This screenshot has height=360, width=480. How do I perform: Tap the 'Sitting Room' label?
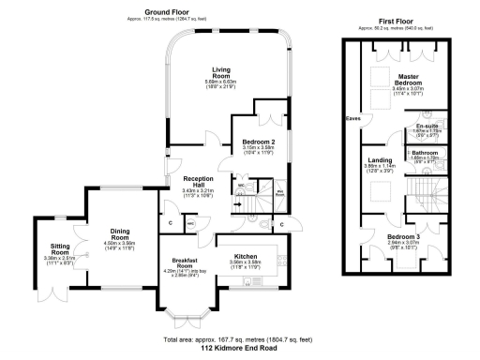64,251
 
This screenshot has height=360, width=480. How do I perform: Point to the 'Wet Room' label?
279,194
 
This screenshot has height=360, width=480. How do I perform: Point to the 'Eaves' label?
352,119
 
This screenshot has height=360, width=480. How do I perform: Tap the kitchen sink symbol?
247,280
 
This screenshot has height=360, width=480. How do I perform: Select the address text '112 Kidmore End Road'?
240,346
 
